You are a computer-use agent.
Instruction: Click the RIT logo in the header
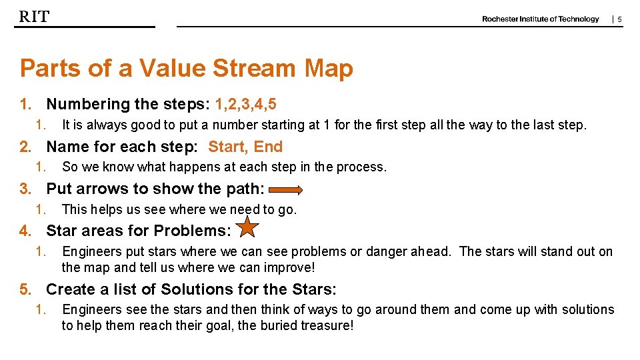[34, 17]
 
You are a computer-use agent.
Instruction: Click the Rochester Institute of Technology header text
[541, 19]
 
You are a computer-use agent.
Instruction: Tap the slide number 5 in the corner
[619, 20]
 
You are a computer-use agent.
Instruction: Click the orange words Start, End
[245, 147]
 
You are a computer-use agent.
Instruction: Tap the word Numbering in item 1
[88, 104]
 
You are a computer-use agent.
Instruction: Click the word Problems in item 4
[195, 231]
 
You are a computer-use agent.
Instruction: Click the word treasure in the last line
[327, 325]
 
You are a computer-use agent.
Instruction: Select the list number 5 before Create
[25, 289]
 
